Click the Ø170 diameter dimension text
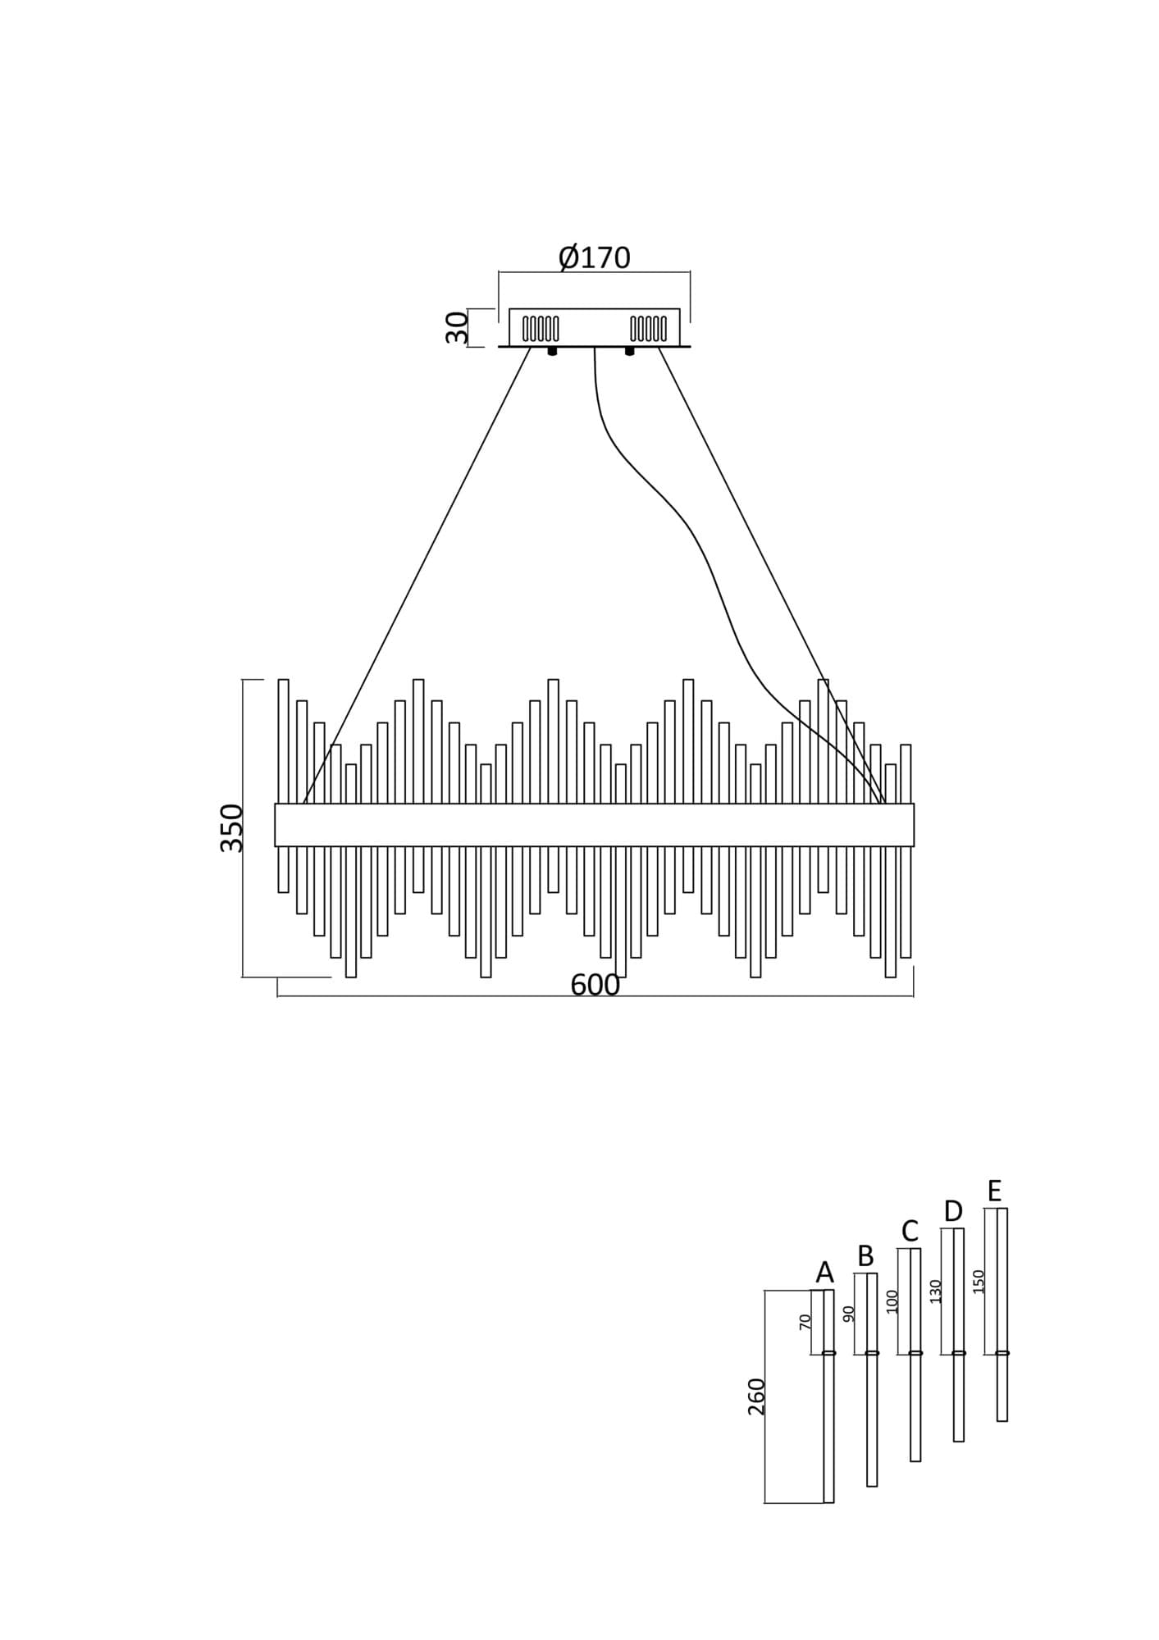coord(595,257)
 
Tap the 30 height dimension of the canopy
coord(458,328)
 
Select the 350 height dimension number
coord(232,828)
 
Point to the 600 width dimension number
coord(595,985)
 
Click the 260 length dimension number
coord(756,1396)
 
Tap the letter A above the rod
coord(824,1272)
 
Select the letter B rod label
coord(865,1255)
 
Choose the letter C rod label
coord(909,1231)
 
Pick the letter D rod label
coord(952,1210)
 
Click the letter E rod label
coord(994,1190)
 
